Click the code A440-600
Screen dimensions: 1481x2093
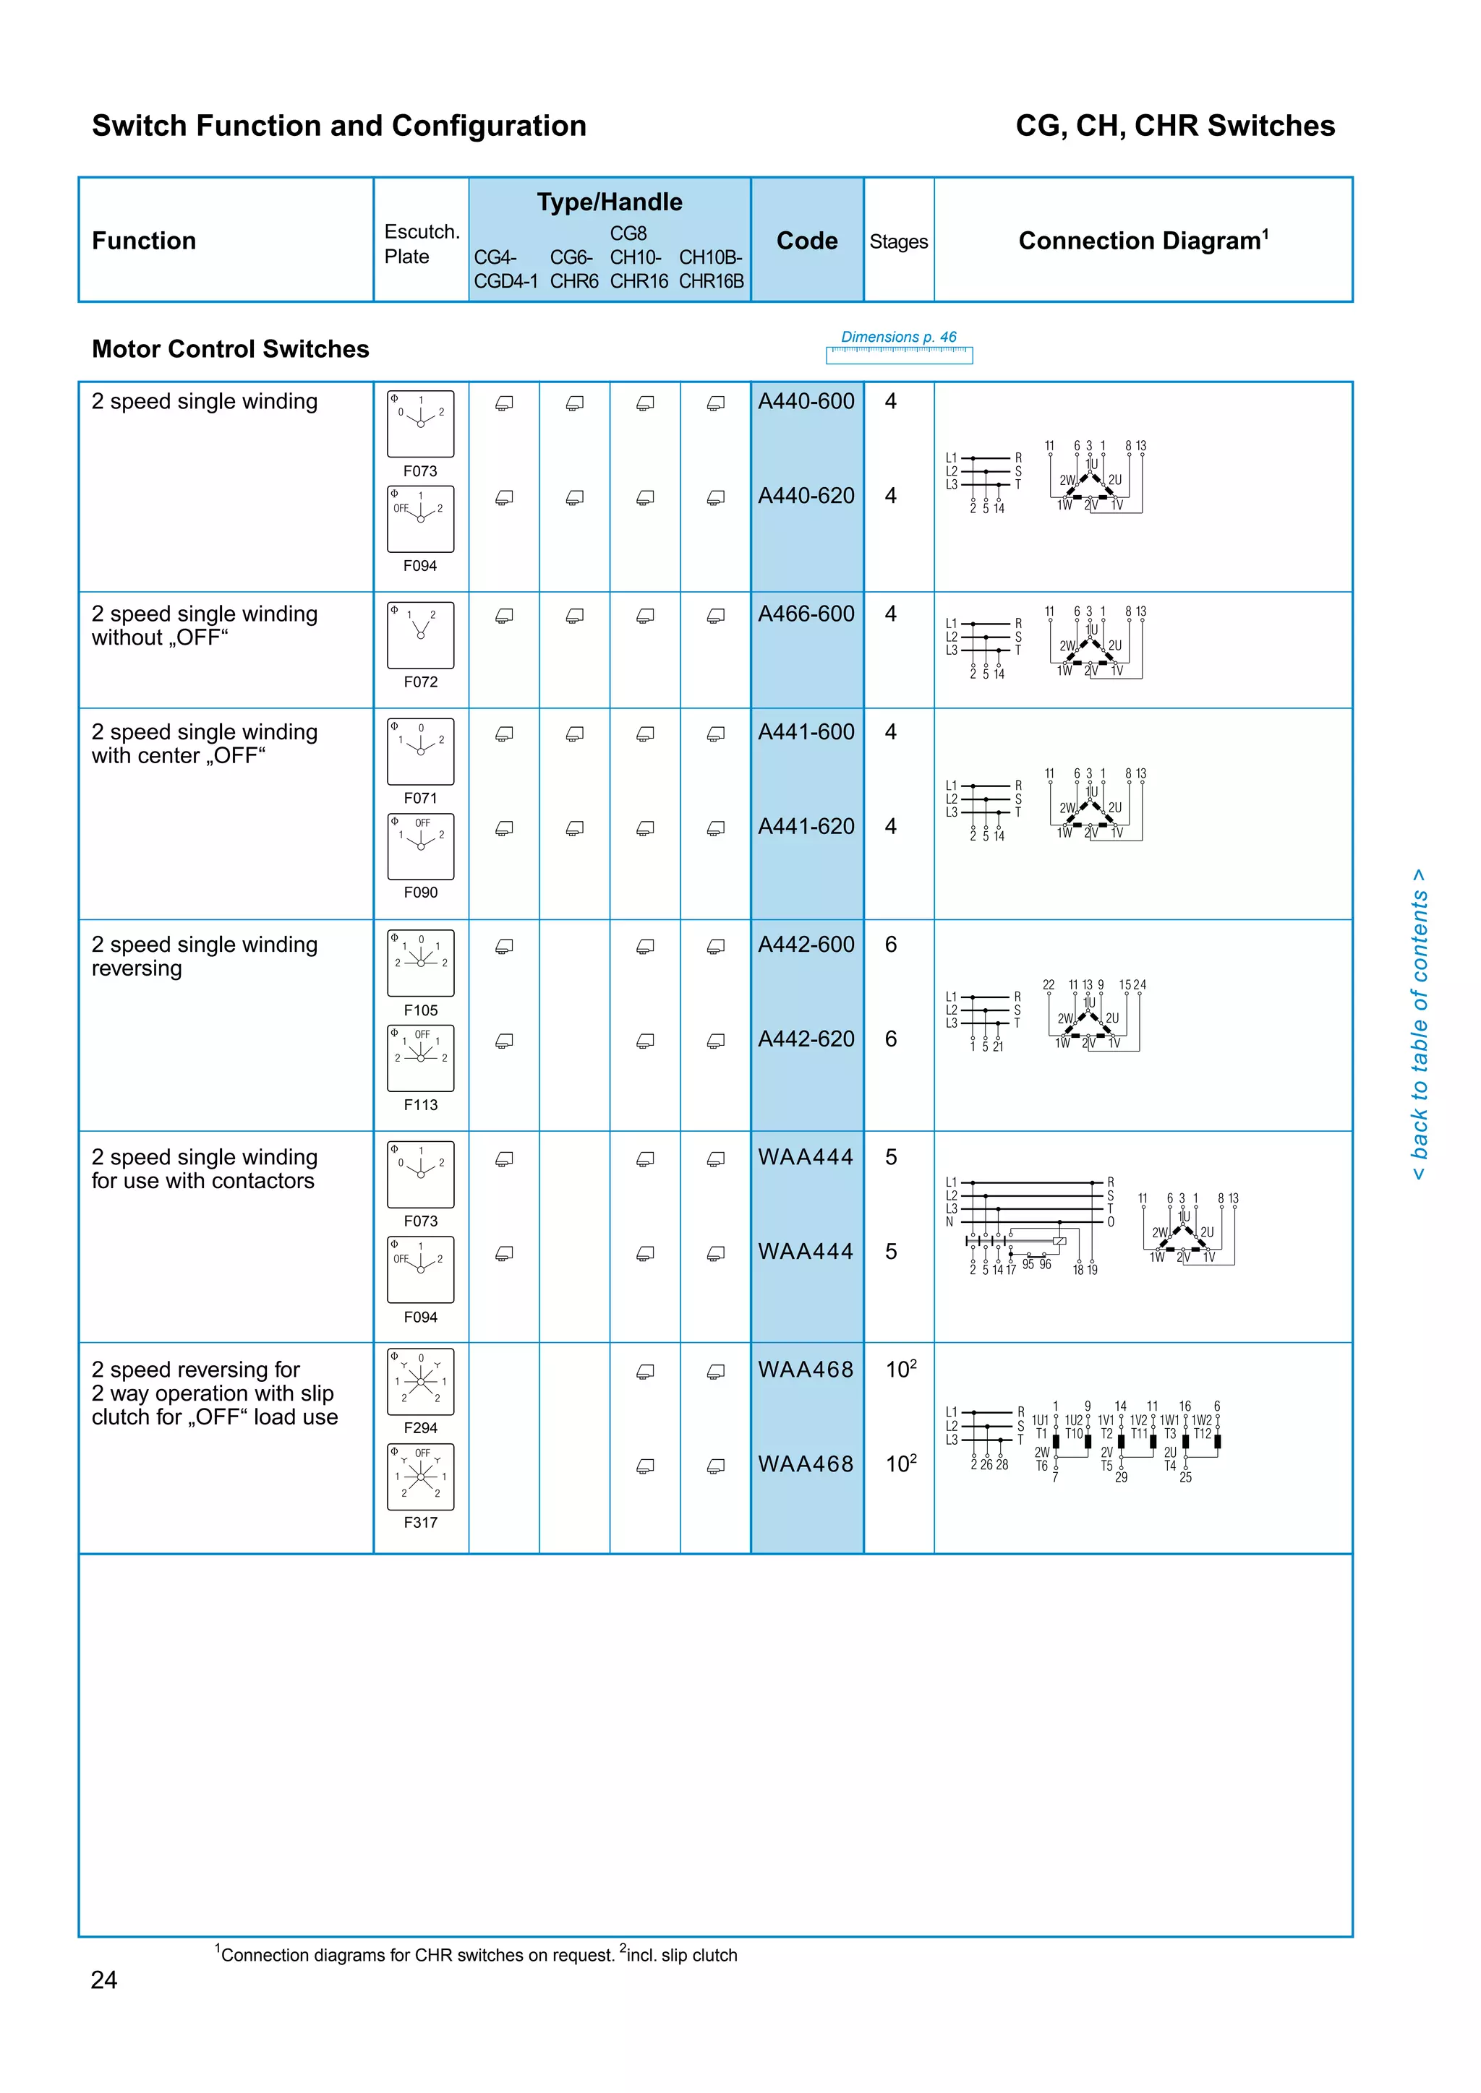tap(806, 402)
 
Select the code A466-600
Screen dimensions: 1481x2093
tap(806, 614)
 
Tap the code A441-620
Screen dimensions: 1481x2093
tap(806, 827)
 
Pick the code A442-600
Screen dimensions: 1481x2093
tap(806, 945)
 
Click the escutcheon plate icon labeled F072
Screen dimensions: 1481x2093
tap(420, 635)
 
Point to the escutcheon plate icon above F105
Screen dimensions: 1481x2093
tap(420, 963)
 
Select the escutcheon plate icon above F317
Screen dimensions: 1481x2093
tap(420, 1477)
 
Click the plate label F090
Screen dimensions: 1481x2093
tap(420, 893)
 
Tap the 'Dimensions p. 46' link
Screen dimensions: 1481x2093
tap(898, 338)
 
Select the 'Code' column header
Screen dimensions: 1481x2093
tap(806, 241)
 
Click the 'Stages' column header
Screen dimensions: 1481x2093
tap(898, 241)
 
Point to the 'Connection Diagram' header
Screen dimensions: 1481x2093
tap(1143, 241)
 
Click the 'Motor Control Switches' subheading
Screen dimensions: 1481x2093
tap(231, 349)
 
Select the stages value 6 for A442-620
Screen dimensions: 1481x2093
tap(891, 1039)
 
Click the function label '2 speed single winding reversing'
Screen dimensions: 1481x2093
tap(204, 956)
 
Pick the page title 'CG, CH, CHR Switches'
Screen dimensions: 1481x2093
tap(1174, 126)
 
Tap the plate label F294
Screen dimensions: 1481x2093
tap(420, 1428)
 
